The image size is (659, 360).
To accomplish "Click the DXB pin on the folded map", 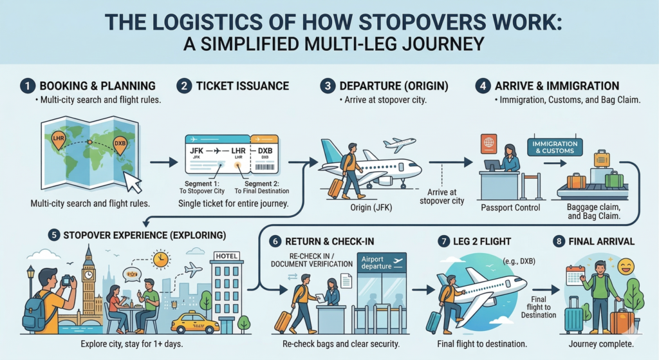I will click(120, 144).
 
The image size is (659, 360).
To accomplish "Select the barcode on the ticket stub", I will click(265, 166).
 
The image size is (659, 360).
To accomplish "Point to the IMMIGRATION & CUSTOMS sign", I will click(555, 147).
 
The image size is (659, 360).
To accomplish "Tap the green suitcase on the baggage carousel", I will click(614, 179).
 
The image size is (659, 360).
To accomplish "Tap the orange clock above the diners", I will click(161, 259).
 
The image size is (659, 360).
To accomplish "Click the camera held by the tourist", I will click(66, 280).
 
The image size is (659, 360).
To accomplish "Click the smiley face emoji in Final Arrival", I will click(624, 265).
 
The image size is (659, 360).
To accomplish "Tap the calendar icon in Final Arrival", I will click(574, 276).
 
